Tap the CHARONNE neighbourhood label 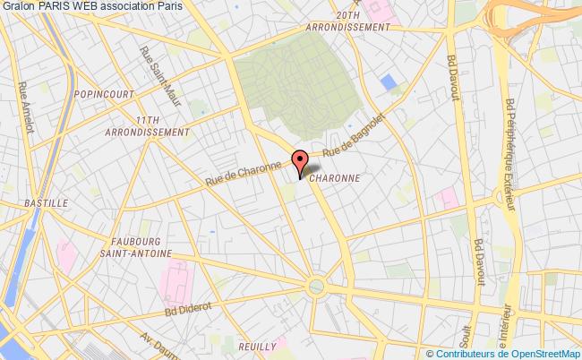click(335, 178)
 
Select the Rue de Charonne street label click(244, 171)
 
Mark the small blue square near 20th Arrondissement click(389, 81)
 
